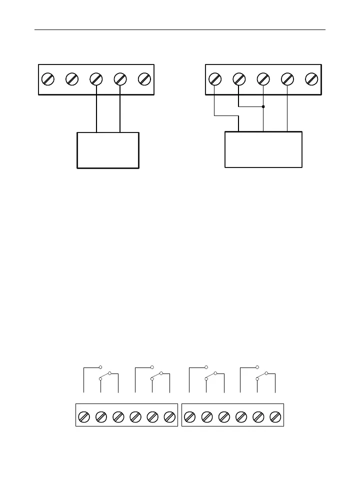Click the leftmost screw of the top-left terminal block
(47, 79)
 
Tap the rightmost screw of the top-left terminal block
(144, 79)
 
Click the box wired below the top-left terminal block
(107, 150)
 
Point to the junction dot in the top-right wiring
(263, 106)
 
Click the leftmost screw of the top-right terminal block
(214, 79)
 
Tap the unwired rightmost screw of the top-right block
(311, 79)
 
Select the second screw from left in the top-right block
(239, 79)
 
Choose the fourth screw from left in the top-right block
(287, 79)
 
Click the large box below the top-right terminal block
(263, 149)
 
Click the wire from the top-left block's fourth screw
(120, 110)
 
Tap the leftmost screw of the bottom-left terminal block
(84, 416)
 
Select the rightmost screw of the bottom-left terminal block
(169, 416)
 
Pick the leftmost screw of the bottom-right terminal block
(190, 416)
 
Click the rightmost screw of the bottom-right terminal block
(275, 416)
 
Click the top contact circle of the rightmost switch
(257, 367)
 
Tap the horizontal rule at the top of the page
(180, 29)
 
